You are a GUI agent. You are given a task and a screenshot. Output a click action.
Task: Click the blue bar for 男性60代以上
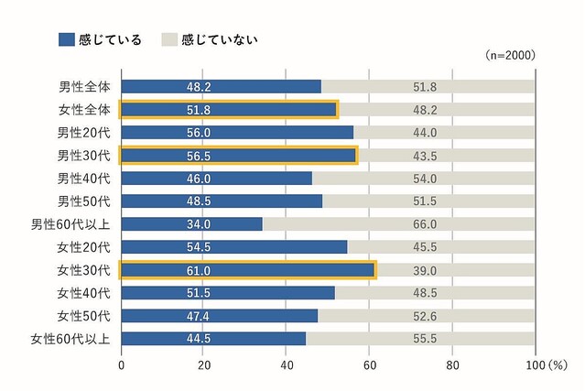191,223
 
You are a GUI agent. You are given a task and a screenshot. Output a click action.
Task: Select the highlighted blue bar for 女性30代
247,269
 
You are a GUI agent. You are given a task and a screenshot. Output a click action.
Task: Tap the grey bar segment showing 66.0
398,223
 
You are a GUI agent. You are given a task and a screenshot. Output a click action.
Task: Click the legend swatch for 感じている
66,39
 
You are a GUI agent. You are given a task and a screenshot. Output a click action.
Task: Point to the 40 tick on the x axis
287,365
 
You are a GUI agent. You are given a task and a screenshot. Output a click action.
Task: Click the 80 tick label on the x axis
452,365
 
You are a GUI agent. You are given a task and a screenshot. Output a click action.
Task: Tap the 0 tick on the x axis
122,365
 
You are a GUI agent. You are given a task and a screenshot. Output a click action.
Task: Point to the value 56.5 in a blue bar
200,156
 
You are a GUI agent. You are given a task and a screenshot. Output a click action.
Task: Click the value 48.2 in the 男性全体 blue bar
200,87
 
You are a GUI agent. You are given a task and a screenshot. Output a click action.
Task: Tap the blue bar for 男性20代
237,133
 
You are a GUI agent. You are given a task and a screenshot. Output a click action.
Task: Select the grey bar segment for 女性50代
427,315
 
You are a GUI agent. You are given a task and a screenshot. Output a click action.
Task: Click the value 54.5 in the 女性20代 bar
200,247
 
